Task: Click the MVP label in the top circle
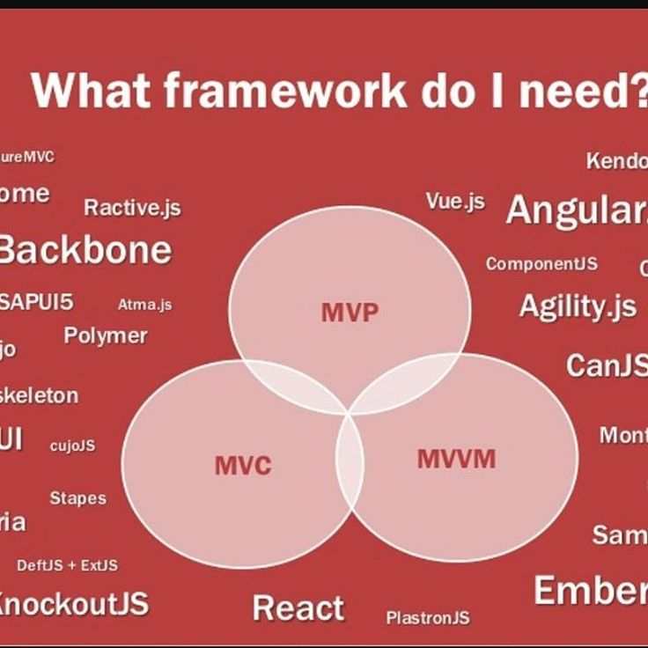[350, 313]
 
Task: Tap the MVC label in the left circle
[242, 465]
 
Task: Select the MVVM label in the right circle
[456, 459]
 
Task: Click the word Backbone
[85, 250]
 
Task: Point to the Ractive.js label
[132, 208]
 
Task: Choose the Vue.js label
[455, 201]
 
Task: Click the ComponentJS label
[541, 264]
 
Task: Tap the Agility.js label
[577, 306]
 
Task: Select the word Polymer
[106, 335]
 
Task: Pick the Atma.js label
[144, 305]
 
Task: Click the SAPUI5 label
[37, 302]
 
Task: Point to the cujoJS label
[72, 445]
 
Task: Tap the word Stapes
[77, 498]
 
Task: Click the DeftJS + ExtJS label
[67, 564]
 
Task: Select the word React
[298, 607]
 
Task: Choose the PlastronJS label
[428, 617]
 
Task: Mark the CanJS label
[606, 364]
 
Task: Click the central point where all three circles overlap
[350, 410]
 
